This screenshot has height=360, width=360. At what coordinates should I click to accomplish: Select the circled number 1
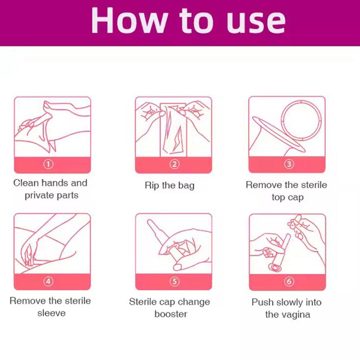[x=48, y=164]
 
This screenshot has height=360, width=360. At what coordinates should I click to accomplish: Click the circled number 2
[x=174, y=164]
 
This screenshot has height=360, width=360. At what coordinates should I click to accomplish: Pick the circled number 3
[x=289, y=164]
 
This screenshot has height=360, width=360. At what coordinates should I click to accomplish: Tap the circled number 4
[x=48, y=282]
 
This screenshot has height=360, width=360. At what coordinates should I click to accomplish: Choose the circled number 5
[x=174, y=282]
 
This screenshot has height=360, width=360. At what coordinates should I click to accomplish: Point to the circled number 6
[x=289, y=282]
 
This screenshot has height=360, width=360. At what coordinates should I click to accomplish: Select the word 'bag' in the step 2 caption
[x=186, y=186]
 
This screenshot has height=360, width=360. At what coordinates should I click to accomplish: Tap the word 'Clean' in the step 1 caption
[x=26, y=183]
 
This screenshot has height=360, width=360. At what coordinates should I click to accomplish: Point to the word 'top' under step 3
[x=278, y=197]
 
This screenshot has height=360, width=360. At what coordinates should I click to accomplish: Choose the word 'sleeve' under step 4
[x=51, y=313]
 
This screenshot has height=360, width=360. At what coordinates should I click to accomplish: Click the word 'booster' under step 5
[x=171, y=314]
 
